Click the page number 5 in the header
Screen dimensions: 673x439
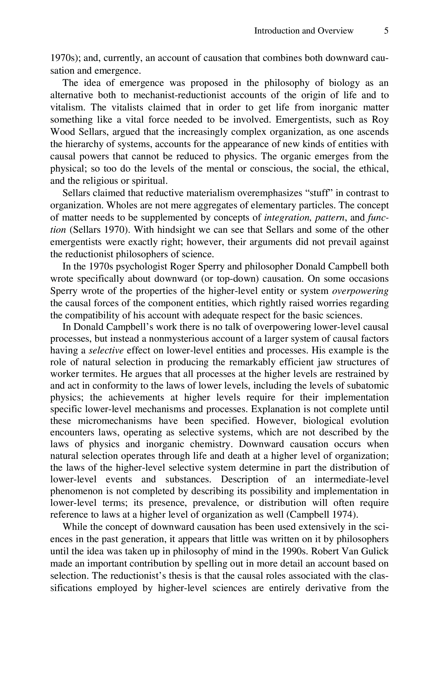386,31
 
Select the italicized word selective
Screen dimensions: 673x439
106,351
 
